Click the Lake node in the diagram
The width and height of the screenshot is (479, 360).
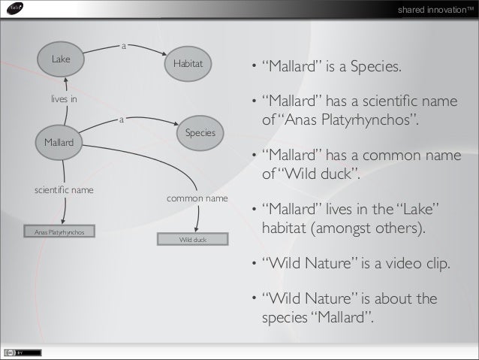[x=62, y=59]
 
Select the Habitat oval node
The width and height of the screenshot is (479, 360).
[x=188, y=65]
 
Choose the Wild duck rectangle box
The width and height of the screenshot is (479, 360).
[x=192, y=240]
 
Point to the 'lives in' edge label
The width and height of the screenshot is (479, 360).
[x=64, y=98]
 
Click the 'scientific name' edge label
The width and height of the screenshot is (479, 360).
[x=64, y=190]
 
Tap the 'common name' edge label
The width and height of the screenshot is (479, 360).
[x=197, y=198]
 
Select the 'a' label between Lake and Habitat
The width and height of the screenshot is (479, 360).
[x=124, y=46]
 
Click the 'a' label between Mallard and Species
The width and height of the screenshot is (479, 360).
[x=121, y=118]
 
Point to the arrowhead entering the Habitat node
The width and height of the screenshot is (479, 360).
[x=164, y=53]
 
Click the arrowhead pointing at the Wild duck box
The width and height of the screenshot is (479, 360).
[x=196, y=230]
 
